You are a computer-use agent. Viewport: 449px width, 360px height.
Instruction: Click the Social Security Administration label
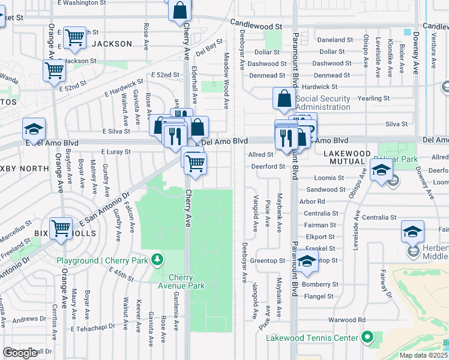[x=322, y=103]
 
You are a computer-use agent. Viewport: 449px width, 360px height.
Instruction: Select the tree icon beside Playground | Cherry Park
[x=157, y=260]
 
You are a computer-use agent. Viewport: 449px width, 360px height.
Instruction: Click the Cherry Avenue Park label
[x=180, y=281]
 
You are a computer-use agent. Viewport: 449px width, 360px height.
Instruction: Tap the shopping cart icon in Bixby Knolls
[x=61, y=228]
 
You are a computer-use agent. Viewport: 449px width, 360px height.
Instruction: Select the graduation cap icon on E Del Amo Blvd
[x=34, y=129]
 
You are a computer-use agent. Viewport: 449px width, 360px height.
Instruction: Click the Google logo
[x=20, y=353]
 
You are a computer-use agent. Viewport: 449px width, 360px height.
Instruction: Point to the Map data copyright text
[x=423, y=355]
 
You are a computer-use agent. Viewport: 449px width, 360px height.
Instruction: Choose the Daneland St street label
[x=335, y=40]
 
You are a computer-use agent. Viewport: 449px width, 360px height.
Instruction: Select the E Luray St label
[x=116, y=152]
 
